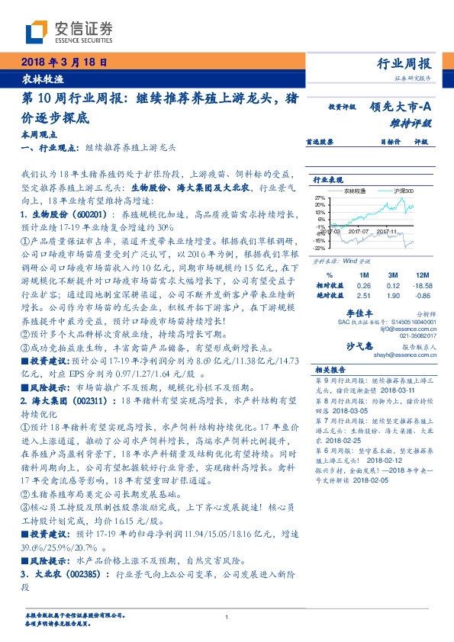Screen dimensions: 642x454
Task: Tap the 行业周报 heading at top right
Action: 404,63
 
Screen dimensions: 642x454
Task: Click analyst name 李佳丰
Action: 360,313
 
